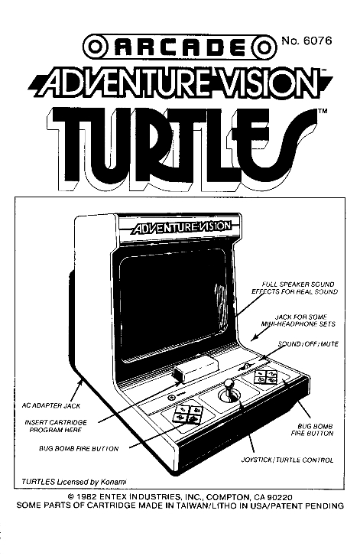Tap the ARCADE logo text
tap(180, 47)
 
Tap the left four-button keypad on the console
tap(188, 415)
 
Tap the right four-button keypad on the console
tap(266, 377)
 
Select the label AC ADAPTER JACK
tap(51, 405)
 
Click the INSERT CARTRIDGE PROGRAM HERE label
tap(56, 426)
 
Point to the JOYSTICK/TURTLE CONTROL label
tap(287, 460)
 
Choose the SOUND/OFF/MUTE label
tap(308, 344)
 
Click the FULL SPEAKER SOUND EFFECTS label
tap(295, 288)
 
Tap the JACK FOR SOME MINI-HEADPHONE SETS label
tap(298, 320)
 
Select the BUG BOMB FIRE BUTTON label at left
tap(79, 449)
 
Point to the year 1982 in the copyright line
tap(89, 497)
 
